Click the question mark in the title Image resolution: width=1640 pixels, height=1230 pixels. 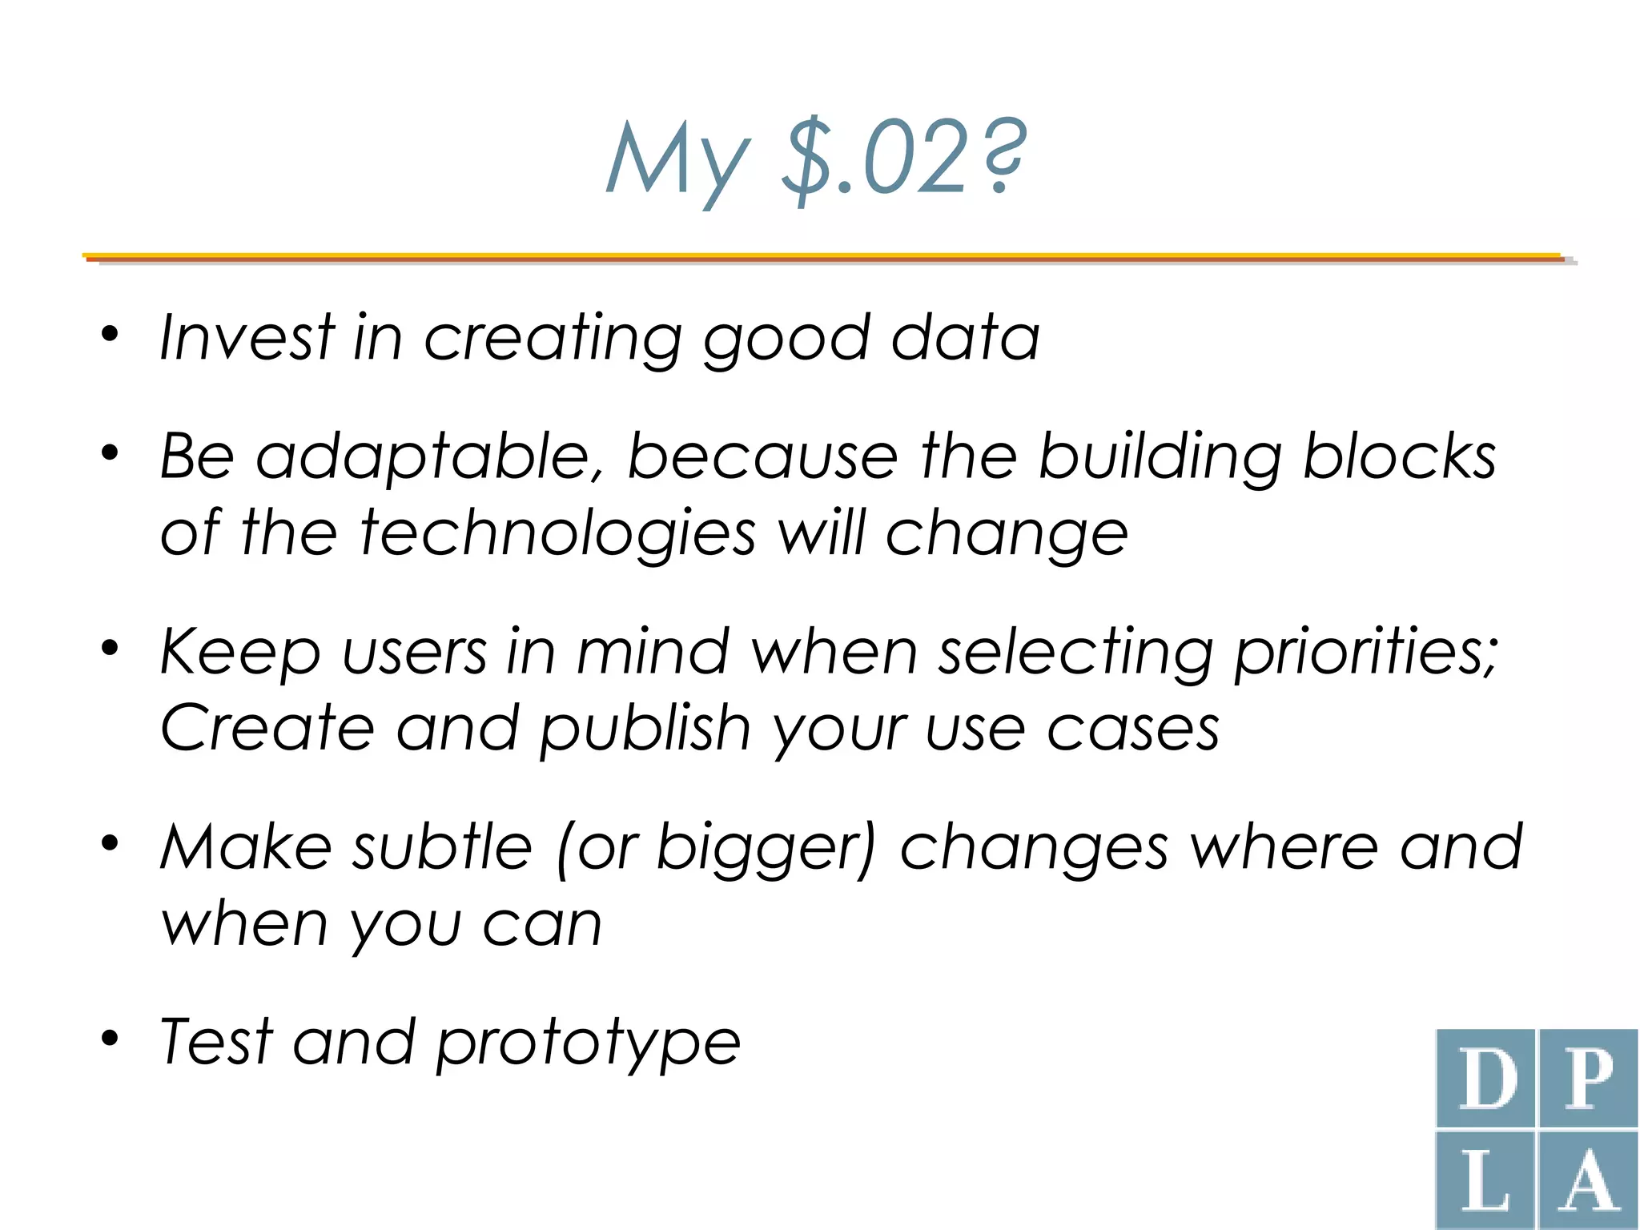click(1001, 156)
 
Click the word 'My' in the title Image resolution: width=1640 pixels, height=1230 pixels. click(677, 160)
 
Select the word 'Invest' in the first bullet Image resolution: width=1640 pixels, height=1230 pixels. click(246, 337)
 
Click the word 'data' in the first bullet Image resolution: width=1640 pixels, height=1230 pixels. click(965, 337)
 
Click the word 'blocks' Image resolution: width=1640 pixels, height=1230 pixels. click(1399, 456)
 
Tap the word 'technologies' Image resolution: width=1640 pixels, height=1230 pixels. click(557, 533)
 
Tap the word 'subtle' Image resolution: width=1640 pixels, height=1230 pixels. click(442, 847)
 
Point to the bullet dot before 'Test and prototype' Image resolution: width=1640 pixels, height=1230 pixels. click(110, 1039)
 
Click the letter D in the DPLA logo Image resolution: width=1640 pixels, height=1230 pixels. click(1488, 1079)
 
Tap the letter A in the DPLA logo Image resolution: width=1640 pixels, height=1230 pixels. click(1588, 1182)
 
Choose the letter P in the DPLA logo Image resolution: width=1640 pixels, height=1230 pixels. click(1588, 1079)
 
